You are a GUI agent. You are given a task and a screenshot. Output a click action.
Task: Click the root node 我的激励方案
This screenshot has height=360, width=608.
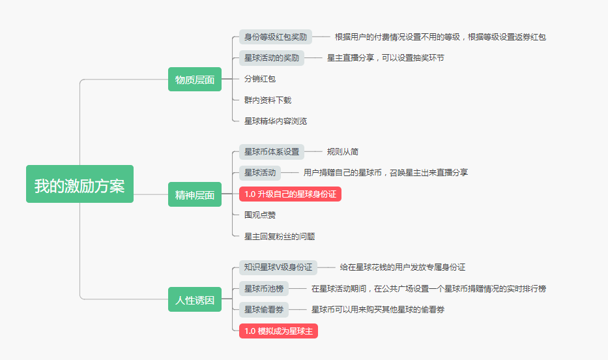tap(80, 185)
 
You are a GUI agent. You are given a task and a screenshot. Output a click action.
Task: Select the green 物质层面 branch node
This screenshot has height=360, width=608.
tap(195, 80)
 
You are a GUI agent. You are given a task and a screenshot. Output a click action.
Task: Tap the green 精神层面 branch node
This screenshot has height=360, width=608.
tap(195, 194)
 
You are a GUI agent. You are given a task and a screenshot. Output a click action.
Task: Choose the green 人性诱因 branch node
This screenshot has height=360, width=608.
tap(195, 300)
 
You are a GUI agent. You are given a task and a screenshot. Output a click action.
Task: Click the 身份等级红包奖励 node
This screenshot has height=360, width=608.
tap(276, 37)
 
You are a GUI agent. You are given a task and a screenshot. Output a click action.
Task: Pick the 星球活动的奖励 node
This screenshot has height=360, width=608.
tap(272, 57)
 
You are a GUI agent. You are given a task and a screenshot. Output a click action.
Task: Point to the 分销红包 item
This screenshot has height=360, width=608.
tap(260, 79)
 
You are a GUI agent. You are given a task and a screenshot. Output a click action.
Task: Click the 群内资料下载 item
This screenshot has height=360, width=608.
tap(268, 100)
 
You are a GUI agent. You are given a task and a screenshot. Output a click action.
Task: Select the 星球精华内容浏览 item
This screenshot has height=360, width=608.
tap(276, 121)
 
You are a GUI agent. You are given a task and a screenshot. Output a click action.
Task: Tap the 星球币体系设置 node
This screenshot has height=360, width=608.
tap(272, 152)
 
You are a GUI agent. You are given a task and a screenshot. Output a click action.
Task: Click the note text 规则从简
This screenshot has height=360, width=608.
tap(343, 152)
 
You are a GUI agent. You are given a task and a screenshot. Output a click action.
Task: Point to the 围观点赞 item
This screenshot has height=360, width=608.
tap(260, 215)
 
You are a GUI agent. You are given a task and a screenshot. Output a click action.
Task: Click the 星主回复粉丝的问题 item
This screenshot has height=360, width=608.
tap(280, 236)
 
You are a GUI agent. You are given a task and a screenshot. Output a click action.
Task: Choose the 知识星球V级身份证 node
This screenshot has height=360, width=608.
tap(278, 267)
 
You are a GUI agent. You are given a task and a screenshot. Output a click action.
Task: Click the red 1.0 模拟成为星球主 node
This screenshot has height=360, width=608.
tap(279, 331)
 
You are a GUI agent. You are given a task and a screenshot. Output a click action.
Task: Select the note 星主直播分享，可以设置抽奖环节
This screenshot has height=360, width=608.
tap(386, 57)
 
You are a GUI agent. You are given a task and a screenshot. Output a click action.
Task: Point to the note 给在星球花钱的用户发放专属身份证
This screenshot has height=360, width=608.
tap(403, 267)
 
